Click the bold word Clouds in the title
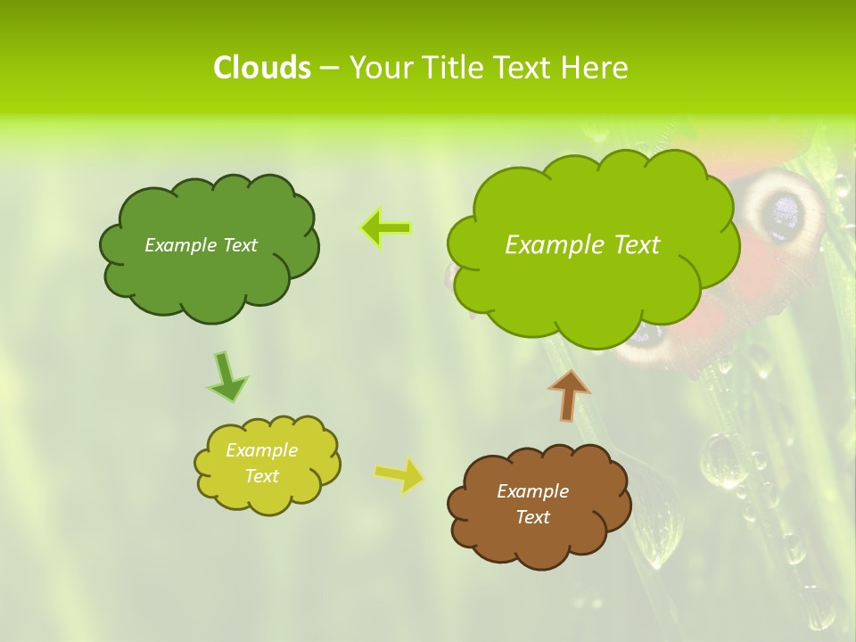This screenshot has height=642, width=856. tap(261, 68)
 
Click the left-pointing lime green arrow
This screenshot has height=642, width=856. tap(385, 228)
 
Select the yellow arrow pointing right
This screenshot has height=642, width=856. tap(399, 475)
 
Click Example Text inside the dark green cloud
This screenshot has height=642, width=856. tap(201, 245)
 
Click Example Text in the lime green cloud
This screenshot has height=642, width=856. tap(582, 245)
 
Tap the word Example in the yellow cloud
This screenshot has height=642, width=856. tap(261, 450)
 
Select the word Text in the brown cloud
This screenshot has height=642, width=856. tap(532, 517)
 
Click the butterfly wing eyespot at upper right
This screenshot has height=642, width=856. tap(785, 211)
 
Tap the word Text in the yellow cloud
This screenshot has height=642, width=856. tap(261, 476)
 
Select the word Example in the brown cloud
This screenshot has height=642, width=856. tap(532, 491)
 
